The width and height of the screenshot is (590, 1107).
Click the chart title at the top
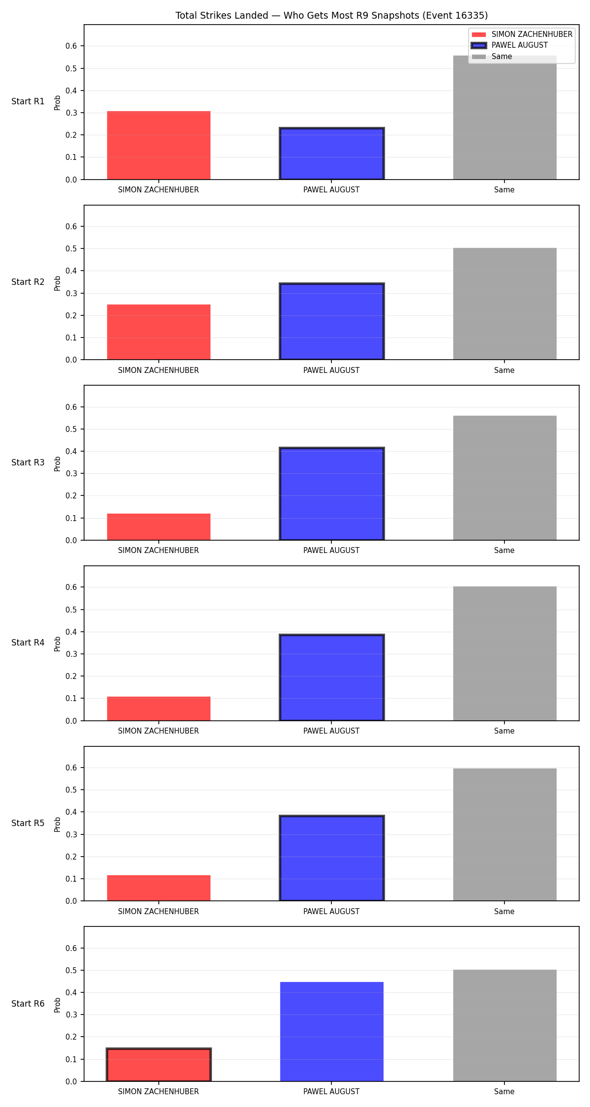coord(331,15)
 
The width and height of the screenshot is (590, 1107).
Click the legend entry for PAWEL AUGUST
coord(509,45)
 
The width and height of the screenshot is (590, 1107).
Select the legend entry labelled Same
coord(492,57)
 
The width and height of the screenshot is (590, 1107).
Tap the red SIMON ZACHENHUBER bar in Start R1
coord(159,145)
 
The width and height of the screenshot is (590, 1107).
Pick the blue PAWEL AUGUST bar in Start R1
coord(332,154)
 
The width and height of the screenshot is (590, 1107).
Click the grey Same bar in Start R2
coord(505,304)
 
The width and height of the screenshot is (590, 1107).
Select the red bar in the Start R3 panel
coord(159,527)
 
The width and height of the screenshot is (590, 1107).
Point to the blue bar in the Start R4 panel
coord(332,677)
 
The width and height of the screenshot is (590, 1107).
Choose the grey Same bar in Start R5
coord(505,834)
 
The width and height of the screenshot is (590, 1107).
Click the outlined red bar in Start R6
coord(159,1064)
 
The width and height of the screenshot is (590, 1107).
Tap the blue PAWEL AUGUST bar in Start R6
coord(332,1032)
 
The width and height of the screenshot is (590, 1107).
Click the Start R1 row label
coord(28,101)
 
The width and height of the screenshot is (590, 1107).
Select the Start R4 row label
coord(28,643)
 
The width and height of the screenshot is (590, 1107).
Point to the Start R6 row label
coord(28,1004)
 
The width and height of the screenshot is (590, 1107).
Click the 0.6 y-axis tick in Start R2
coord(71,226)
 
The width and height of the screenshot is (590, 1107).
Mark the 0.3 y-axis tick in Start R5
coord(71,834)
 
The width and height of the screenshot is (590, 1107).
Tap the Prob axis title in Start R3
coord(58,463)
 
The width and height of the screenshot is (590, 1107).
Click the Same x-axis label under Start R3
coord(504,551)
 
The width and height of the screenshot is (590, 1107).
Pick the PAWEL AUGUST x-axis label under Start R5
coord(331,912)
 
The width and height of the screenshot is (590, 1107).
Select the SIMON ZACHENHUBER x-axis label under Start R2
coord(158,370)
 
